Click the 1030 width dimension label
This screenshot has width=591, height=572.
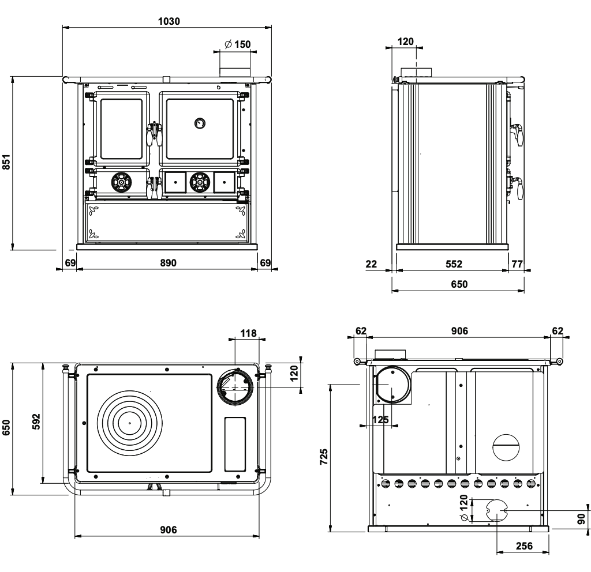click(x=169, y=21)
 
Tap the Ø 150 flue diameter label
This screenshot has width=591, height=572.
click(x=237, y=44)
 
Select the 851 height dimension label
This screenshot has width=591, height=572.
click(x=6, y=162)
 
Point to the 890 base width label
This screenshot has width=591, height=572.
click(x=168, y=263)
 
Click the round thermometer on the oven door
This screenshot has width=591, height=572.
click(x=200, y=123)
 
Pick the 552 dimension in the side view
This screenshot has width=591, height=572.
click(x=454, y=264)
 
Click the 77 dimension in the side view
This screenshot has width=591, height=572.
click(x=517, y=264)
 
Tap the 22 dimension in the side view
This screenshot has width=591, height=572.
click(x=371, y=264)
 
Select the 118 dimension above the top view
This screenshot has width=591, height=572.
click(x=248, y=333)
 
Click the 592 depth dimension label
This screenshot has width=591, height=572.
click(x=36, y=422)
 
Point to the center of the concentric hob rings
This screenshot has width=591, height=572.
click(x=130, y=423)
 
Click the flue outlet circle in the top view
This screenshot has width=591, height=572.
click(x=235, y=387)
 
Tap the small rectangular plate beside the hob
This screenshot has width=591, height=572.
click(x=235, y=445)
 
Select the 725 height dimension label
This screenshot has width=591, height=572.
click(x=324, y=457)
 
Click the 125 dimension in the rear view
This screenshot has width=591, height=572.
click(x=380, y=420)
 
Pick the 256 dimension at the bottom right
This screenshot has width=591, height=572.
click(x=524, y=546)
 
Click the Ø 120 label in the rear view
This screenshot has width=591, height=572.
click(x=464, y=508)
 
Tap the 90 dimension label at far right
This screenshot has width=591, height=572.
click(x=582, y=519)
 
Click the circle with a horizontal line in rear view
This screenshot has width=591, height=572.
click(x=506, y=447)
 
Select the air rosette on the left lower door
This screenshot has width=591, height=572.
click(x=121, y=183)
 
